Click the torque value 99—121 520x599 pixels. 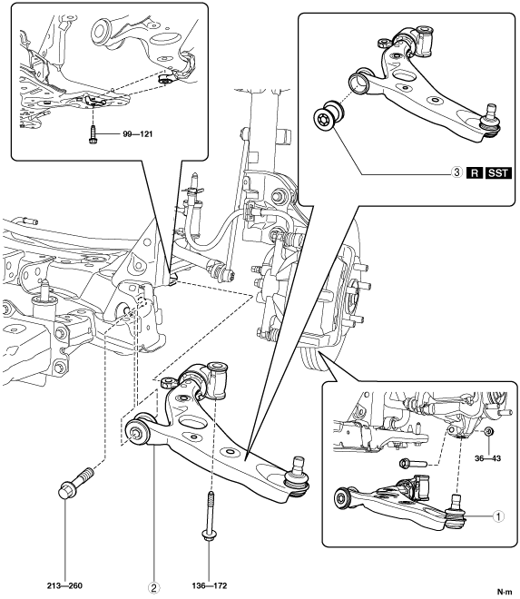pos(137,134)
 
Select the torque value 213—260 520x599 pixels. pos(65,585)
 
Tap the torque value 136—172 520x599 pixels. pos(210,585)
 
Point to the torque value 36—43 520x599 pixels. pos(487,458)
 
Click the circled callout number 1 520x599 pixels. pos(498,516)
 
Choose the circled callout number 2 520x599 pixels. pos(154,588)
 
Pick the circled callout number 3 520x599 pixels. pos(457,172)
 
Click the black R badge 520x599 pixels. pos(475,173)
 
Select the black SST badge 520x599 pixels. pos(498,173)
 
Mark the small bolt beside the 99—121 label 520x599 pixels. pos(92,135)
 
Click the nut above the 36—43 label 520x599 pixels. pos(487,432)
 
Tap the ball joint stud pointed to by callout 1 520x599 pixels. pos(456,512)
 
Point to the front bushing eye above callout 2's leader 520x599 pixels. pos(137,432)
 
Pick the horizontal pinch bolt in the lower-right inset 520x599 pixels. pos(413,464)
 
